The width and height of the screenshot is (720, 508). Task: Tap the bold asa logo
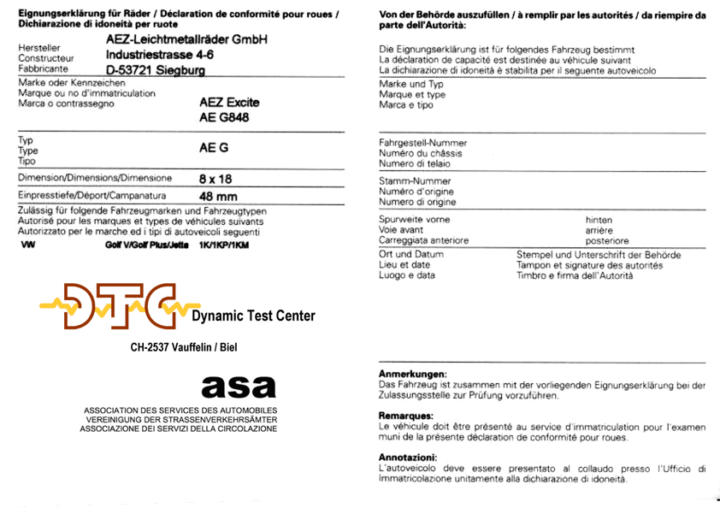(239, 387)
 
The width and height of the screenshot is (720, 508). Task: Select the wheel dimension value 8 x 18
(215, 180)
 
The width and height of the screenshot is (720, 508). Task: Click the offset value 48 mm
(217, 197)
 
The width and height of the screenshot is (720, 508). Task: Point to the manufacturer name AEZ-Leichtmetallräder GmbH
(187, 40)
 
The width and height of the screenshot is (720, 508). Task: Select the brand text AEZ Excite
(229, 103)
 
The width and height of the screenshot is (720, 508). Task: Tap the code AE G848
(225, 118)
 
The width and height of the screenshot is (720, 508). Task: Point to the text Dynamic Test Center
(253, 316)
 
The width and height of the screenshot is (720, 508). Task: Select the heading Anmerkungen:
(412, 375)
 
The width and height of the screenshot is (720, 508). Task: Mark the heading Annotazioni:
(409, 458)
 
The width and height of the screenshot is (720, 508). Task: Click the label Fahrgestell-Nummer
(423, 143)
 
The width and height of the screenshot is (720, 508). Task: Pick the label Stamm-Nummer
(416, 181)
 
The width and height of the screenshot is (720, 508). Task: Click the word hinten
(599, 220)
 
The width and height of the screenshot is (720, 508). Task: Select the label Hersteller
(38, 48)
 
